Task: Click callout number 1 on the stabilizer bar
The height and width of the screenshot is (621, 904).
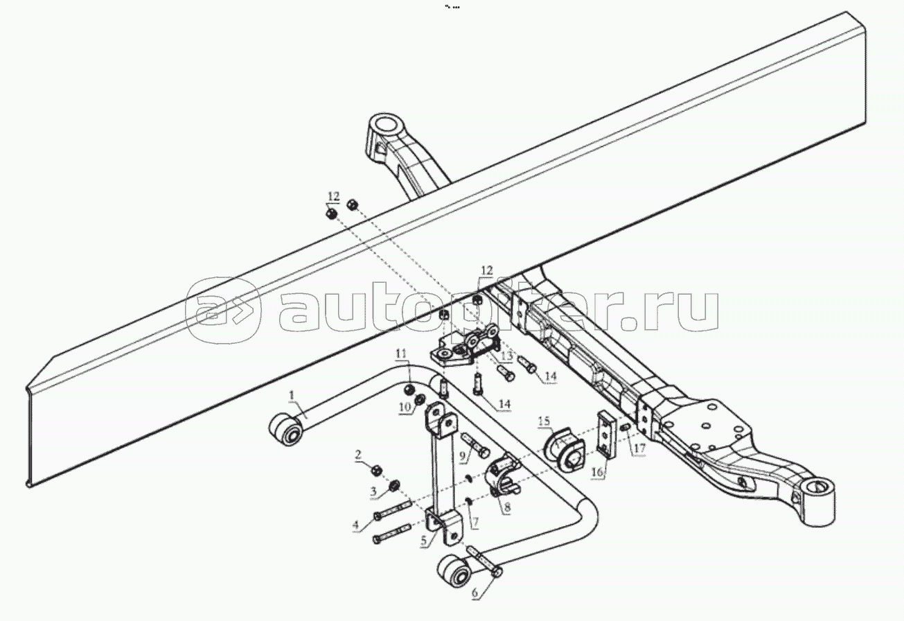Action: coord(292,395)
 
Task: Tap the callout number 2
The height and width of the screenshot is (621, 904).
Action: coord(358,455)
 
